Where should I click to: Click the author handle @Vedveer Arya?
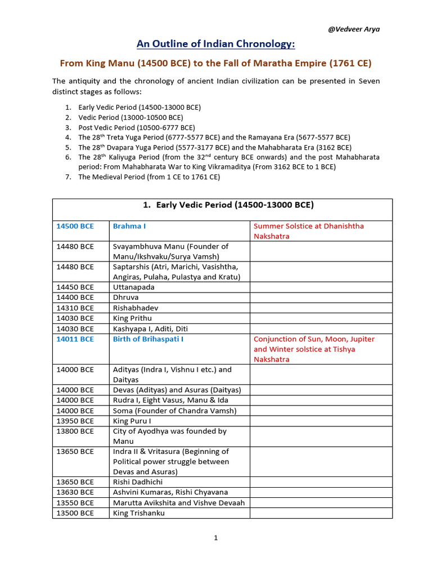coord(353,29)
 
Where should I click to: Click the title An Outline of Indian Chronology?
coord(216,44)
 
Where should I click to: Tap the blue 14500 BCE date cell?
coord(75,226)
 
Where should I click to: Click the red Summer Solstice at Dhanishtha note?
coord(309,231)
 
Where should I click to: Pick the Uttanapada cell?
coord(133,287)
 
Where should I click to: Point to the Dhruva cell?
coord(125,297)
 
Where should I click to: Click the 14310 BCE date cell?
coord(75,308)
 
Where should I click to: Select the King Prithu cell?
coord(132,318)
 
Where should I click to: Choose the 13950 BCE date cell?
coord(75,421)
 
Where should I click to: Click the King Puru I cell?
coord(132,421)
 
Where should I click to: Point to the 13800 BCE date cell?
coord(75,431)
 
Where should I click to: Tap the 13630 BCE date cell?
coord(75,492)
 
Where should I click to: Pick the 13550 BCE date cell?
coord(75,503)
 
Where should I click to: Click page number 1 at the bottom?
coord(215,538)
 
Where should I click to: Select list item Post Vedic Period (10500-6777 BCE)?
coord(137,127)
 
